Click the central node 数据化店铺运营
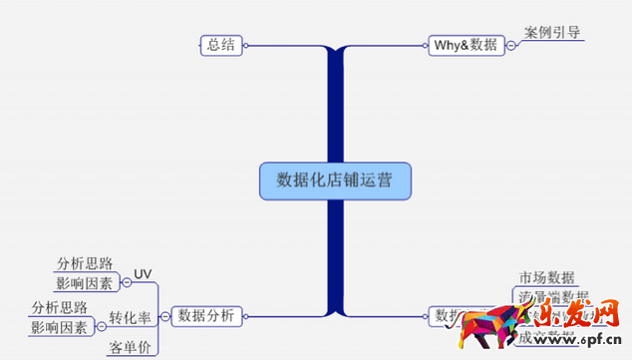334,180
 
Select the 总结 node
221,44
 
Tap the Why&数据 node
465,45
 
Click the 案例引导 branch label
551,32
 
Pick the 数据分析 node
206,316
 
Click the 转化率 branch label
130,318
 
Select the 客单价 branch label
131,348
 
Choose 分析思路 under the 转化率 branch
60,307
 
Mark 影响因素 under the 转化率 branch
59,327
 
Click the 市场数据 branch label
546,277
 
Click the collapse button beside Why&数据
510,45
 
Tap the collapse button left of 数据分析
164,317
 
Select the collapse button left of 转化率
100,326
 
